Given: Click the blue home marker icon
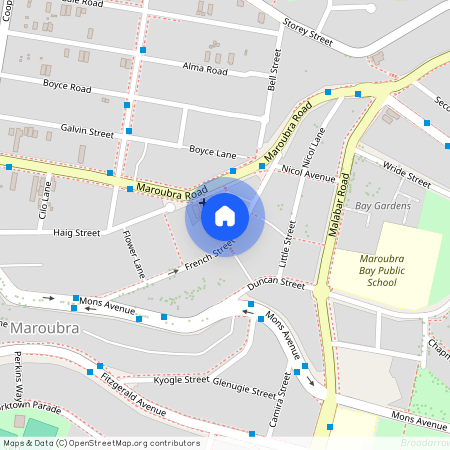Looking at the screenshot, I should [x=224, y=215].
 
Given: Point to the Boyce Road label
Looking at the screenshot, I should [x=67, y=87].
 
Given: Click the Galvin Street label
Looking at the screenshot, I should [x=87, y=131].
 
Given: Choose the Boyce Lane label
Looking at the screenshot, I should [x=213, y=151].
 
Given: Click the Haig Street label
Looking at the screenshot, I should [x=77, y=232].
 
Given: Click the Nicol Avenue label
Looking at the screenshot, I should [x=308, y=175].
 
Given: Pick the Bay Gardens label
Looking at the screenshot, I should [x=383, y=207].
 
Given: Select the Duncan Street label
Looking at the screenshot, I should [x=277, y=283].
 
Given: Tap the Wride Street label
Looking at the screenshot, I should [x=406, y=177].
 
